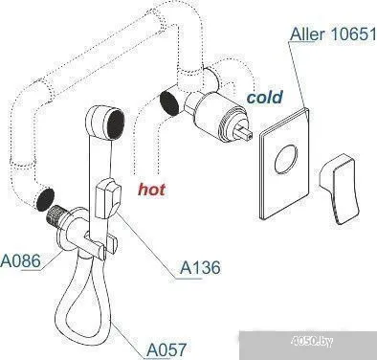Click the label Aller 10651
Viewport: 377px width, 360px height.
pyautogui.click(x=331, y=36)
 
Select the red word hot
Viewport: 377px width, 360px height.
pyautogui.click(x=152, y=189)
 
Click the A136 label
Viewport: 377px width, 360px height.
pyautogui.click(x=202, y=270)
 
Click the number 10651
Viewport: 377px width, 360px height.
pyautogui.click(x=349, y=36)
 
